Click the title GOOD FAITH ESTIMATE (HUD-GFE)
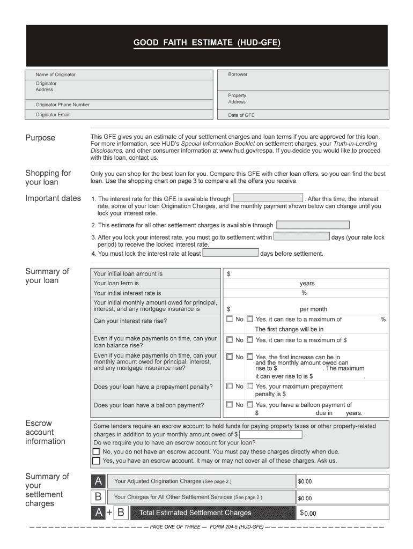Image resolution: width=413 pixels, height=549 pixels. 206,41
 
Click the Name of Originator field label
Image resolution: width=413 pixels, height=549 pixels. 56,75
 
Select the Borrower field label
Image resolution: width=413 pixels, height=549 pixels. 238,75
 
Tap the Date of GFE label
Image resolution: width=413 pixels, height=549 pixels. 241,115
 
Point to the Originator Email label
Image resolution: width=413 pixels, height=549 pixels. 53,115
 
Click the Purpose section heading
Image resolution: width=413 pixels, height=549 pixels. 40,138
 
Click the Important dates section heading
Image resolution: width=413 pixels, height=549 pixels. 53,198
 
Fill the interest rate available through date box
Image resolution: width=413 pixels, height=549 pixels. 268,198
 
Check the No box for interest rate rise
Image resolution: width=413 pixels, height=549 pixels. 230,319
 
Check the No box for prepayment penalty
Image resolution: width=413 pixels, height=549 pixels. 230,386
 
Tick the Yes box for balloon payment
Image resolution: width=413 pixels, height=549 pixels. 249,405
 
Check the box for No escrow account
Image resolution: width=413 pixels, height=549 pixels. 96,451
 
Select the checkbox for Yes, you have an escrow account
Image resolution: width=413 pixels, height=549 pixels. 96,461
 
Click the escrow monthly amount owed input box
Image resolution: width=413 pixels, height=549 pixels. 271,434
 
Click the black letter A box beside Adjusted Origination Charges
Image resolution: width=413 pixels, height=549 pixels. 99,481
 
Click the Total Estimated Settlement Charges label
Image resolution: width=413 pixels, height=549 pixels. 195,513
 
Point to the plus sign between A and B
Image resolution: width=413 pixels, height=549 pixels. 109,513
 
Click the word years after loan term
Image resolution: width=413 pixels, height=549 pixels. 307,284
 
